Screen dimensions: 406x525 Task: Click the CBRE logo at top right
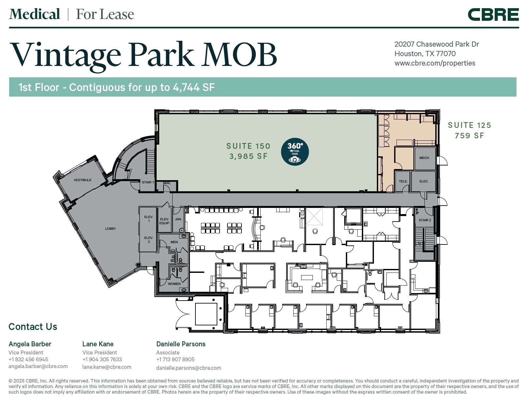point(493,15)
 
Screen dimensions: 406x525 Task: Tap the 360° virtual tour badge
point(295,152)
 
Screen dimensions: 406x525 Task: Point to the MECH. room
point(425,158)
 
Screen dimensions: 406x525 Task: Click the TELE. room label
point(403,181)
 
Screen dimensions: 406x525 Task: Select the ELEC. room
point(424,181)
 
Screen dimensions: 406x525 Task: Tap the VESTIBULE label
point(83,180)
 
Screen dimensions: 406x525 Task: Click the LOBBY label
point(110,229)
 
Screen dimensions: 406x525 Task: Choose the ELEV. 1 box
point(149,219)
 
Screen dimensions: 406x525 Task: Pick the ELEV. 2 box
point(149,240)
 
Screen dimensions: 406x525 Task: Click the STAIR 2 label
point(425,220)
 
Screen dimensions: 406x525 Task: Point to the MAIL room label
point(167,183)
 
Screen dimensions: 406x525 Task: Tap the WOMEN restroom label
point(174,284)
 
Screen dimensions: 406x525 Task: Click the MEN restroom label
point(174,242)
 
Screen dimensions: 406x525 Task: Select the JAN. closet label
point(178,219)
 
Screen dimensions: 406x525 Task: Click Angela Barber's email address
point(38,366)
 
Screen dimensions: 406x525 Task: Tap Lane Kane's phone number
point(102,359)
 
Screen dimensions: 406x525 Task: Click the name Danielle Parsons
point(181,344)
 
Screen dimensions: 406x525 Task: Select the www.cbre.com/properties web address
point(435,63)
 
